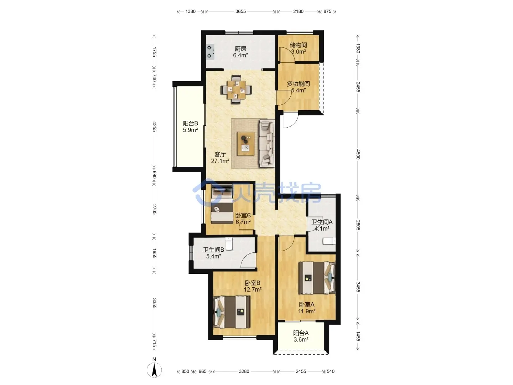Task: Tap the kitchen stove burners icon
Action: point(210,52)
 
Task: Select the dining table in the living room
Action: point(236,89)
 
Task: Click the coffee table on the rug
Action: point(245,144)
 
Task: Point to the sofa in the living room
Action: point(267,143)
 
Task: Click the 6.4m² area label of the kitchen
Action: point(240,55)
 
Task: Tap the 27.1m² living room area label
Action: point(220,161)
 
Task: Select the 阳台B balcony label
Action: point(190,123)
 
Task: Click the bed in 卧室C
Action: point(222,204)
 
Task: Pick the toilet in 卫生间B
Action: point(229,244)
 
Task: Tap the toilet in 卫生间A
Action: point(329,241)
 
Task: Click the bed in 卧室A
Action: point(317,277)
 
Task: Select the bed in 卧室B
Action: point(232,312)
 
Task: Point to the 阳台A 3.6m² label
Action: point(301,336)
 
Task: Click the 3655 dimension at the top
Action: point(240,11)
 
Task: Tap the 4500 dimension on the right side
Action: point(358,154)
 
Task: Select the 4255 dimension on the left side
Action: point(154,127)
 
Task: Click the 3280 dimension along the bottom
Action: point(244,371)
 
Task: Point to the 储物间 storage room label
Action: point(298,45)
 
